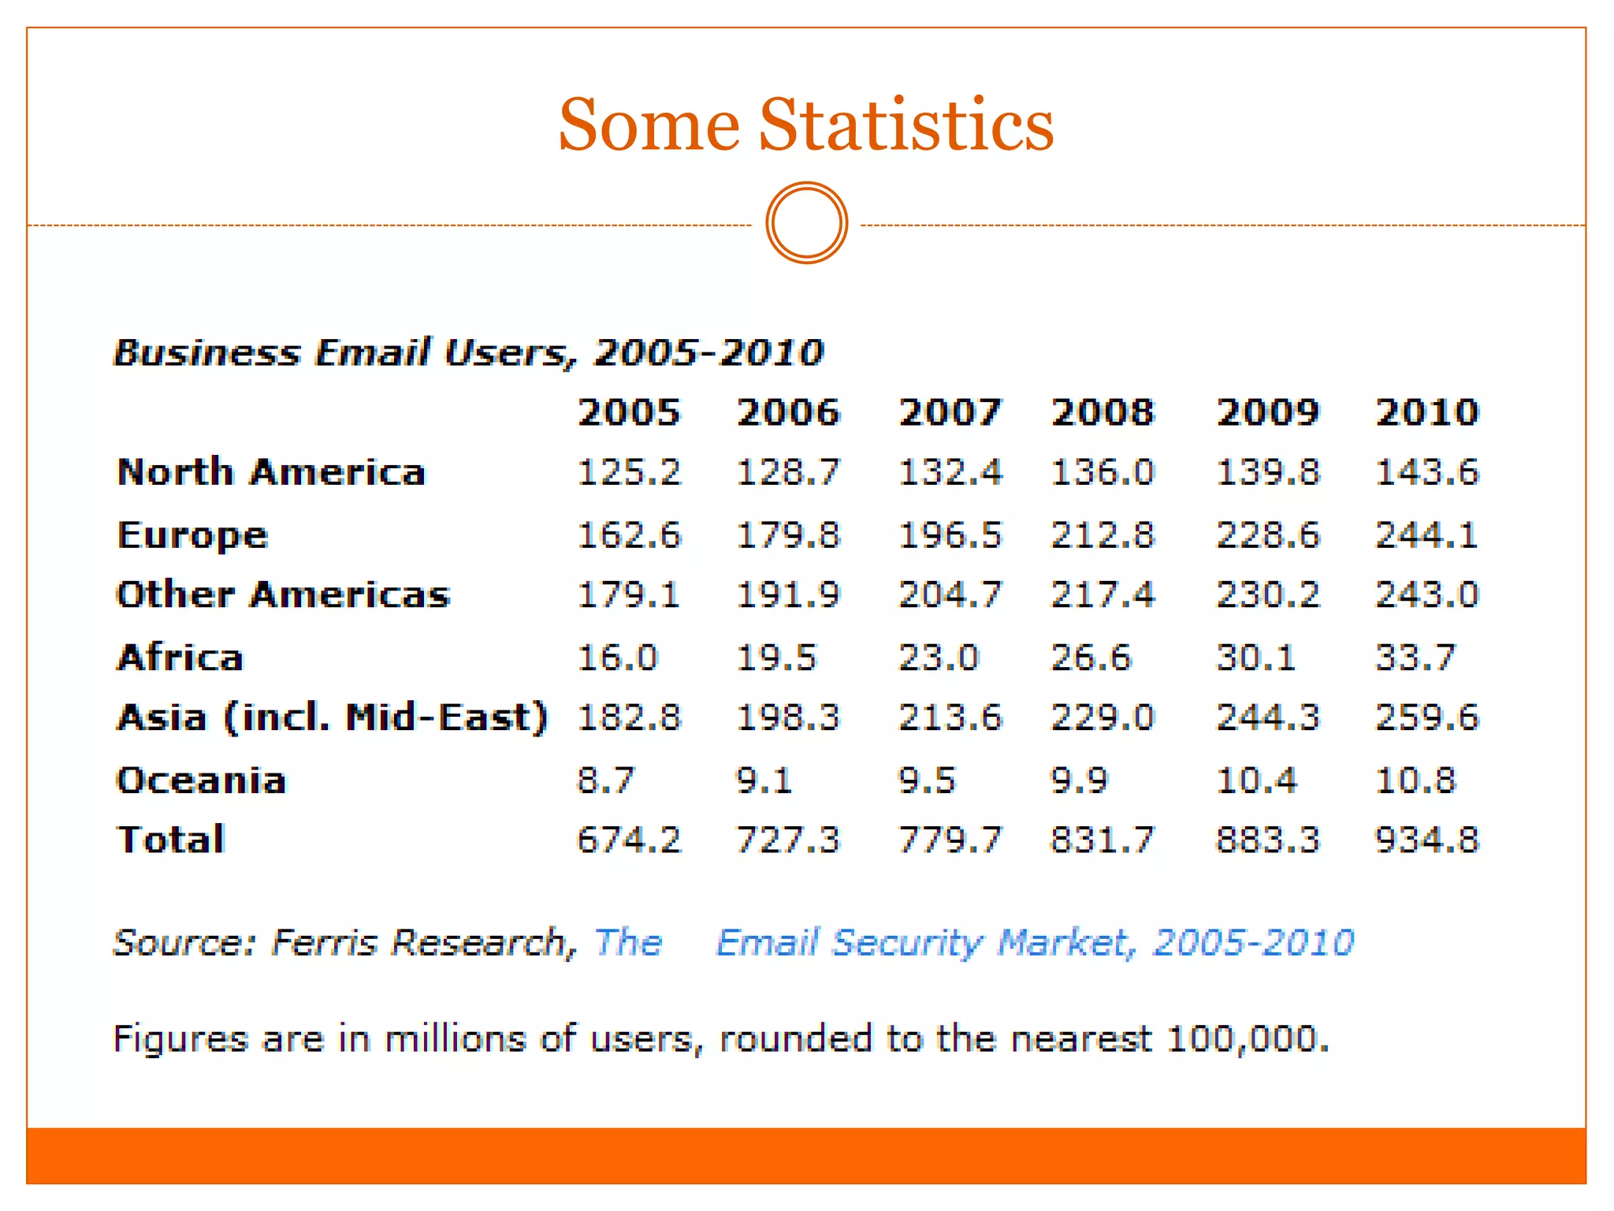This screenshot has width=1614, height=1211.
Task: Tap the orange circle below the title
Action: (x=806, y=223)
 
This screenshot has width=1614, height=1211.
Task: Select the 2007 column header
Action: (x=950, y=412)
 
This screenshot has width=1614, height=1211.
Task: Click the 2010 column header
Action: (x=1426, y=412)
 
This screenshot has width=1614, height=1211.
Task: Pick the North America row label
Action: (x=271, y=472)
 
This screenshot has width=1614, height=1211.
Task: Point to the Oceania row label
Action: (x=201, y=781)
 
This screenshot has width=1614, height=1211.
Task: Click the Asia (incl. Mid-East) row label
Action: (x=332, y=717)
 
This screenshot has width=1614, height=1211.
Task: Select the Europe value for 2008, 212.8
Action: (x=1102, y=535)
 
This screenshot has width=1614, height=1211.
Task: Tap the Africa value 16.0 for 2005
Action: (x=617, y=658)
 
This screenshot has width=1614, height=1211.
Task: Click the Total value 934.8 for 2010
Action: (x=1426, y=840)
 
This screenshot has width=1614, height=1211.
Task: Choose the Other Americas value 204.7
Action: (x=950, y=594)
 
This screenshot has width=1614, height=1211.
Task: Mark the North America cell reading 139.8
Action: (x=1267, y=472)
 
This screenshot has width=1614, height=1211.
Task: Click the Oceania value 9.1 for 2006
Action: (x=764, y=781)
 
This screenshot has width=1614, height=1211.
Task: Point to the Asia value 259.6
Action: (x=1426, y=717)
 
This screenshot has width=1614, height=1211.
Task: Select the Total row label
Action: (x=171, y=840)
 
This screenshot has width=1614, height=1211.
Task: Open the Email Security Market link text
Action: (x=1034, y=943)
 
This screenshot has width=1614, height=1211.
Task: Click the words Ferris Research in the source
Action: (x=418, y=943)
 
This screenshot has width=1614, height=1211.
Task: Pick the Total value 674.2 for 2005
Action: (x=628, y=840)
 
